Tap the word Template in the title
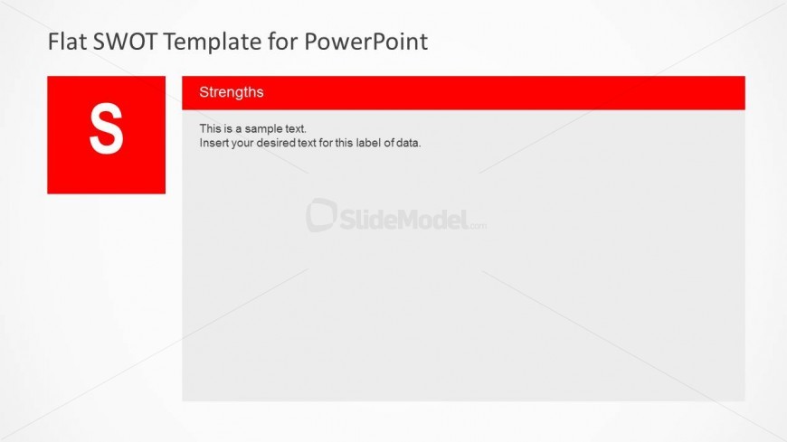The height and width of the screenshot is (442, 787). coord(213,42)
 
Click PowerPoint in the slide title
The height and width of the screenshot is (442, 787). coord(365,42)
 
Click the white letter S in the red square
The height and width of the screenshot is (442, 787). coord(107,128)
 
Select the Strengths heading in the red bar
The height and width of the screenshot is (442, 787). coord(232,92)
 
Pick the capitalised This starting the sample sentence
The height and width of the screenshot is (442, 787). coord(210,129)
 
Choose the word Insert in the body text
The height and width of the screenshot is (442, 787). coord(214,143)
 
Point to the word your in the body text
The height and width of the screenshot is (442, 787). coord(242,144)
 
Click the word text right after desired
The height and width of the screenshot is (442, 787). coord(306,143)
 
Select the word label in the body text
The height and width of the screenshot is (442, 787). coord(369,143)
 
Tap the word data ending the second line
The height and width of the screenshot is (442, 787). coord(408,143)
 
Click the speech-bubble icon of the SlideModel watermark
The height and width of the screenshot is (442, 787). coord(321,215)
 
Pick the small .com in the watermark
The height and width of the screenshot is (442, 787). coord(478,226)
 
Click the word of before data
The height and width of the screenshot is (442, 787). coord(389,143)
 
